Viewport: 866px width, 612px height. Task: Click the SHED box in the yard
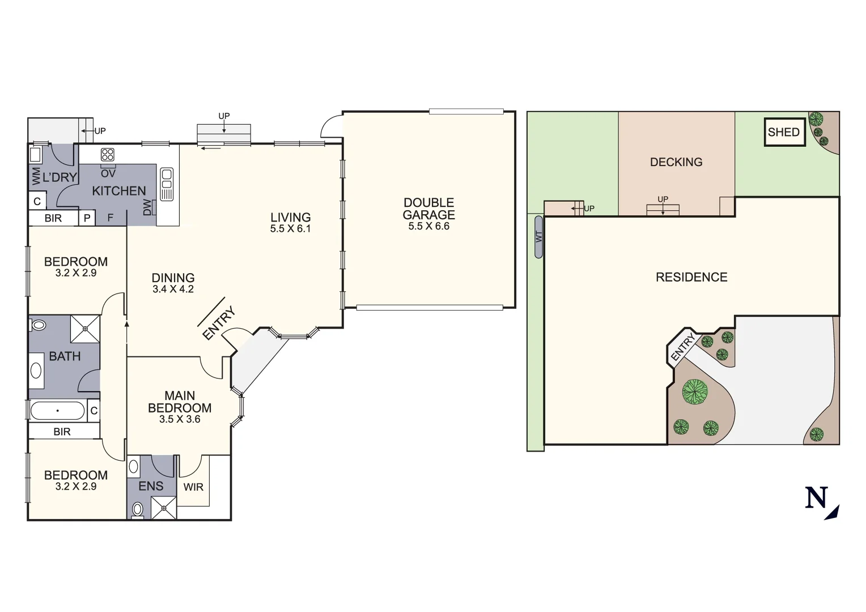[x=784, y=133]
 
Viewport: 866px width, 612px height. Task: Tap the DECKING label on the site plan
[x=676, y=162]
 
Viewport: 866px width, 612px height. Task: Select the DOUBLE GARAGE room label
[x=428, y=209]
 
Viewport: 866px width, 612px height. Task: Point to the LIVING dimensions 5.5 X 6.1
[x=290, y=229]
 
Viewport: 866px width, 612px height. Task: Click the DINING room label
[x=173, y=278]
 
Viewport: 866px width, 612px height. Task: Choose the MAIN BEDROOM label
[x=180, y=402]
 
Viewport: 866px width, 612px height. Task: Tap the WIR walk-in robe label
[x=193, y=487]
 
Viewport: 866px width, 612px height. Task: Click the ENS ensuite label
[x=151, y=486]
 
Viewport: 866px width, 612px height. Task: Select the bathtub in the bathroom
[x=57, y=411]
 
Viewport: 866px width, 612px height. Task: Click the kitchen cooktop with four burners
[x=108, y=155]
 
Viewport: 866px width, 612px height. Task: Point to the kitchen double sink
[x=167, y=184]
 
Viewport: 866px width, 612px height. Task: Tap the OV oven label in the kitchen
[x=108, y=173]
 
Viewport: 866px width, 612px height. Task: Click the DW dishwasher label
[x=148, y=207]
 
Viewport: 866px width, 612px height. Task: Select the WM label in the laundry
[x=36, y=176]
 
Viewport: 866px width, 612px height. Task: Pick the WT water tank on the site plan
[x=538, y=237]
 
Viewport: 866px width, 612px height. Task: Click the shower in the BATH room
[x=85, y=329]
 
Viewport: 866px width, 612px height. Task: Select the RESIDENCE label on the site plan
[x=691, y=277]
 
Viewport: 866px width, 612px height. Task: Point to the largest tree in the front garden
[x=694, y=392]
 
